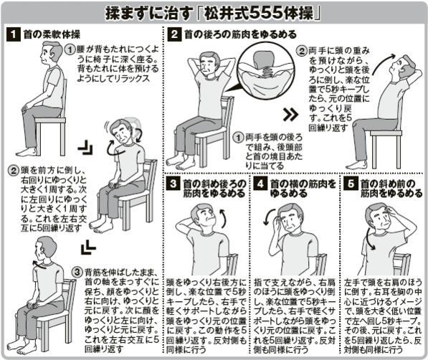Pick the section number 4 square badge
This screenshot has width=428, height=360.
click(260, 184)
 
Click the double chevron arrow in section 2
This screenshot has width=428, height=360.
click(288, 113)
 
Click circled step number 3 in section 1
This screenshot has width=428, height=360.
click(78, 272)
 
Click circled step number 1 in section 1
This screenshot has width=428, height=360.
click(70, 49)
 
